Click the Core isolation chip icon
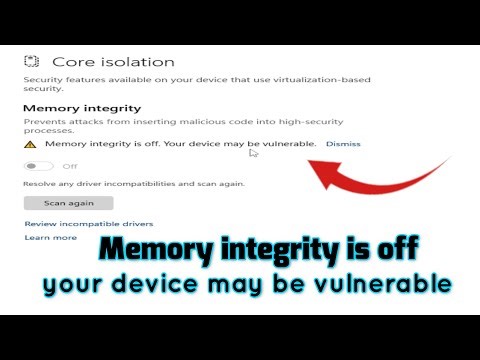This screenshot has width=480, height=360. (32, 62)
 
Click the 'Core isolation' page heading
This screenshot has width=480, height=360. (113, 62)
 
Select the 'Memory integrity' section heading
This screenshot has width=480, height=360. (82, 107)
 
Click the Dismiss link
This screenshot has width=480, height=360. (343, 144)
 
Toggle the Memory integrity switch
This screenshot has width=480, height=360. (39, 166)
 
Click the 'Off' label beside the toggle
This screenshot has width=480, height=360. (70, 166)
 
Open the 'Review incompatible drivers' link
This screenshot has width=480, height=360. (88, 224)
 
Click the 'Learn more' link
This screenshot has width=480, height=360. (50, 238)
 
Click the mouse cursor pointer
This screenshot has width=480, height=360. (254, 152)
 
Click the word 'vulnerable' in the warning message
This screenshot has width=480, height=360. (291, 144)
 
